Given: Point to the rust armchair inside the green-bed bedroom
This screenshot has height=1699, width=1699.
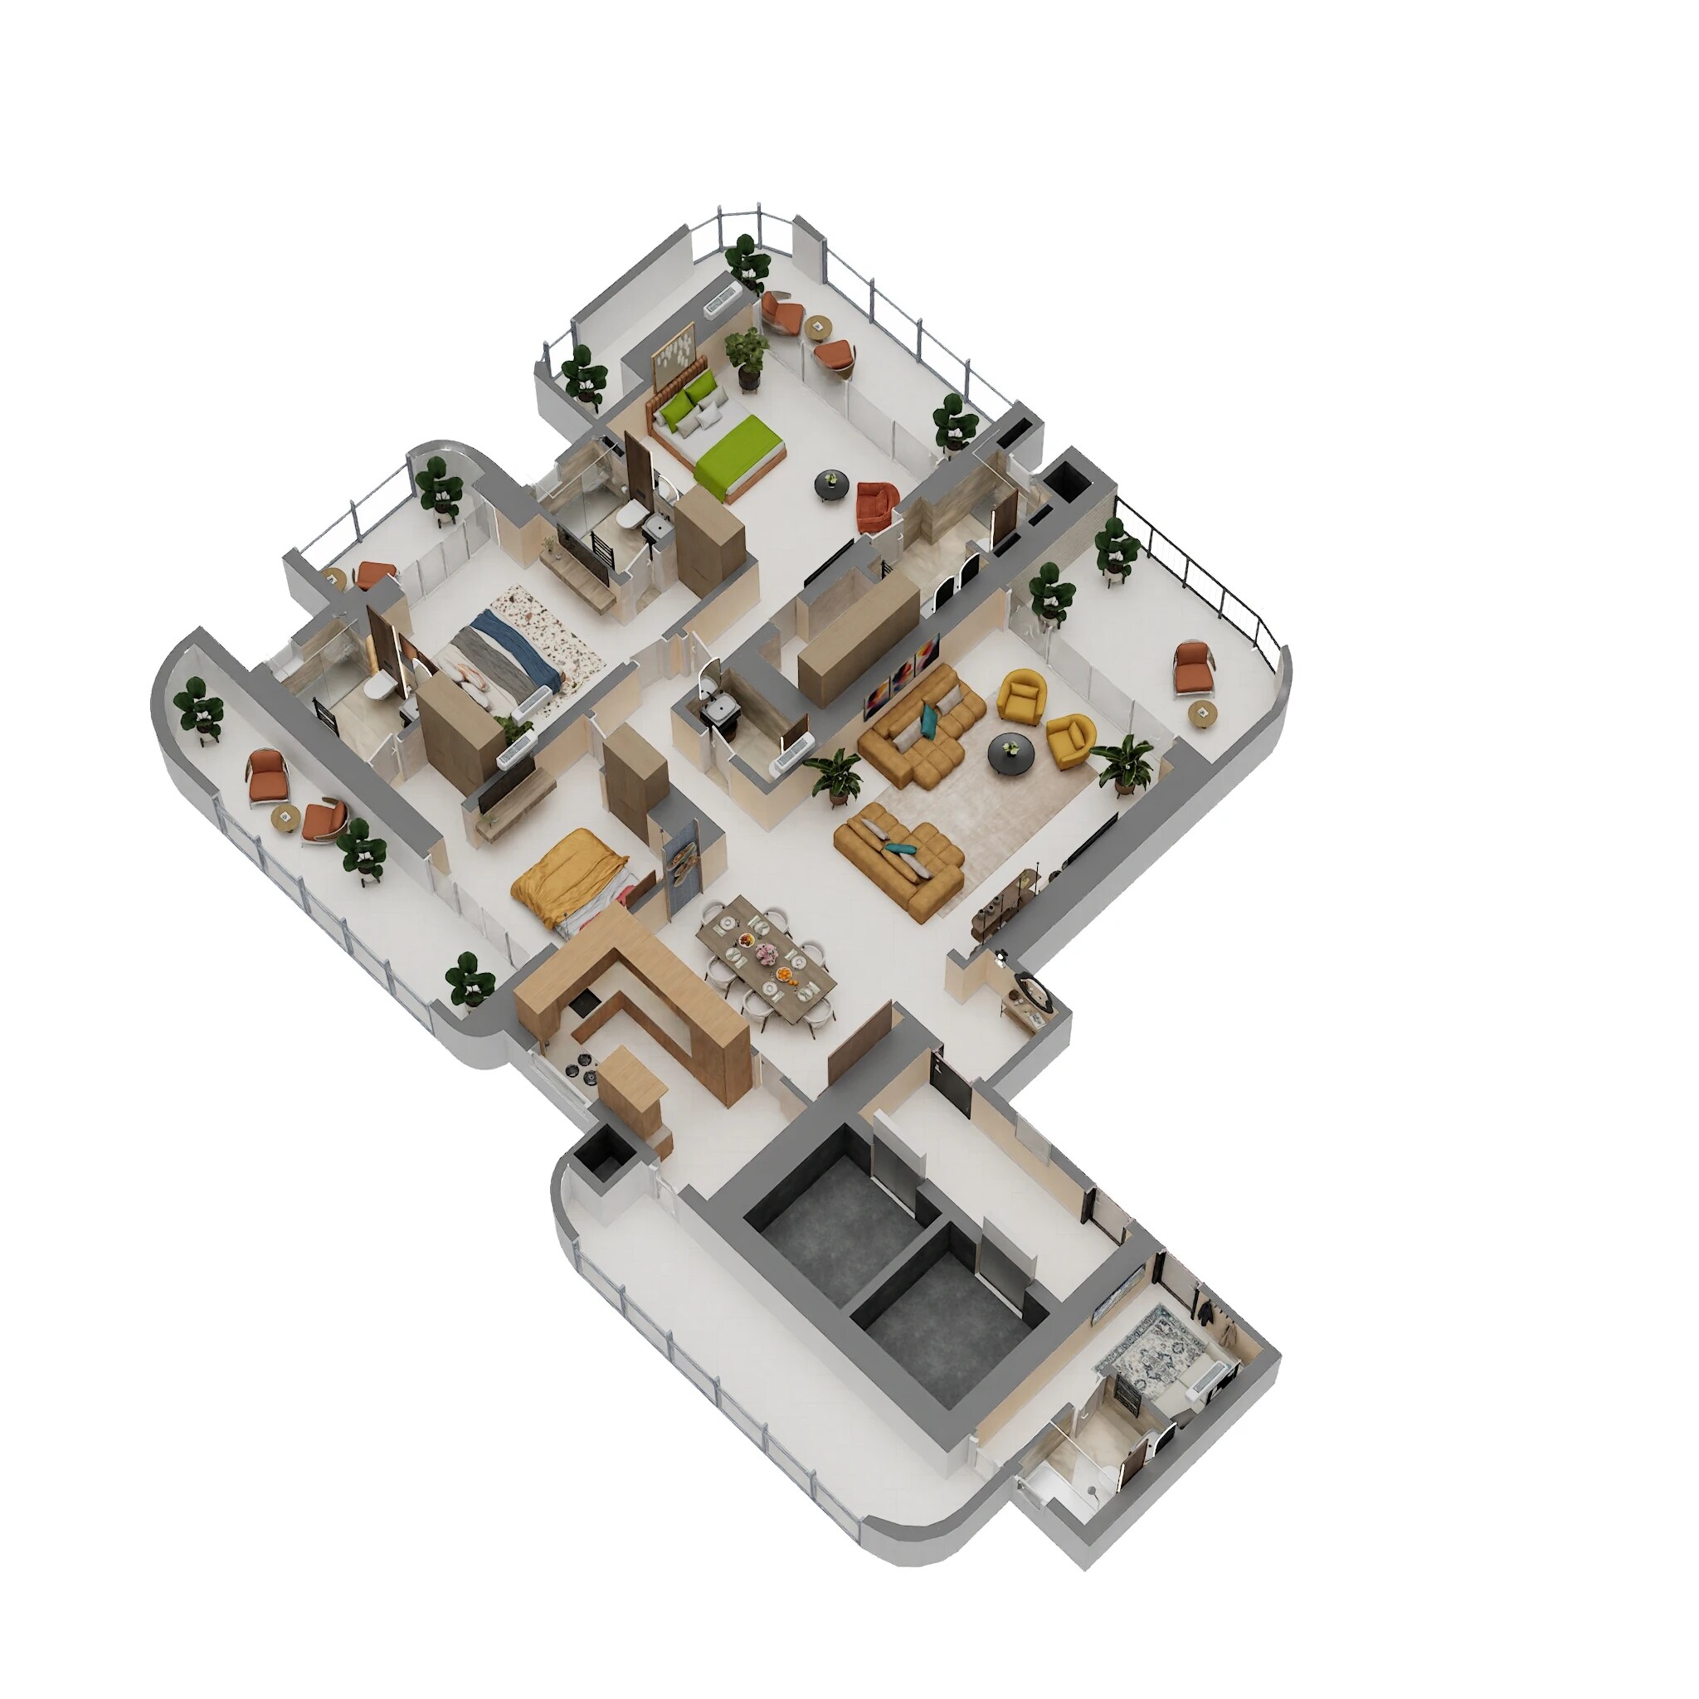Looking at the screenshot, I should coord(876,507).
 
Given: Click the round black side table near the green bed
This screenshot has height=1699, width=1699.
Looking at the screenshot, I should coord(832,483).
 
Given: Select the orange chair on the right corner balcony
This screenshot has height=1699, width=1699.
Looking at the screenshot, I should coord(1195,665).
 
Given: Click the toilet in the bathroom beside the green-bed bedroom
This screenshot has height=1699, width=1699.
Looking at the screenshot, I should coord(630,518).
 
